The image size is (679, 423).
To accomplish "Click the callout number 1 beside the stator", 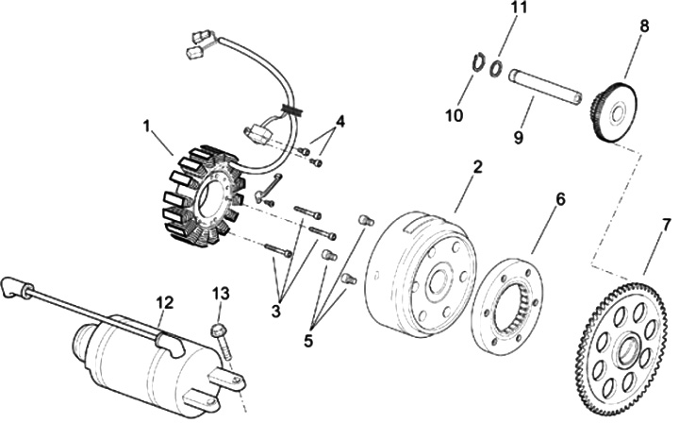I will (146, 125).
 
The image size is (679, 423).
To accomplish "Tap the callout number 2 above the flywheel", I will (477, 168).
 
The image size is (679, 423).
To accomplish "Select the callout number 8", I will (644, 26).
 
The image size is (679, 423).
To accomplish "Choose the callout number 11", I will (514, 8).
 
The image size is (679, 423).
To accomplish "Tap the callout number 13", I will (220, 294).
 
